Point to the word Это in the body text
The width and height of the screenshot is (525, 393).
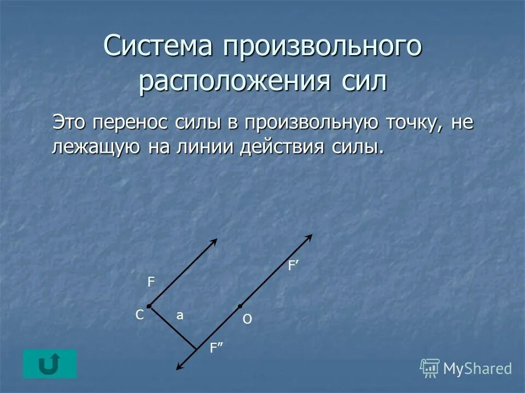click(x=70, y=122)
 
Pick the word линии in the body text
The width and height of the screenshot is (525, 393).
click(x=205, y=147)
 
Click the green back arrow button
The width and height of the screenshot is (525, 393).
click(x=50, y=364)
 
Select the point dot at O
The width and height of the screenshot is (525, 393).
click(x=240, y=306)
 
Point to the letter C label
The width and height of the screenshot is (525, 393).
click(x=139, y=315)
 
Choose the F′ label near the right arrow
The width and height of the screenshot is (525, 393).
click(x=293, y=266)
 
